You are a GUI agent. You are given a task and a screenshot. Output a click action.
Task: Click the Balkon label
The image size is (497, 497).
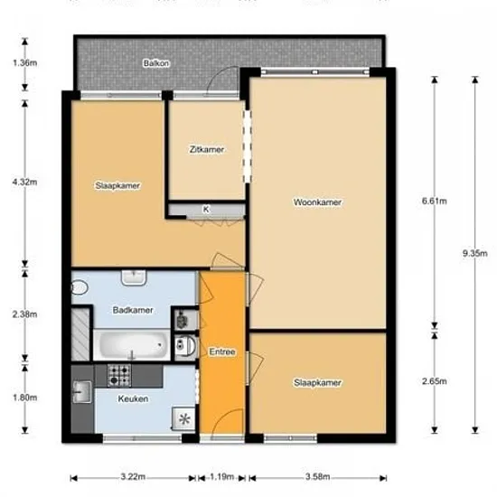[156, 63]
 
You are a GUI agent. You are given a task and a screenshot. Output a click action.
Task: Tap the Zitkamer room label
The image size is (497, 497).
[207, 149]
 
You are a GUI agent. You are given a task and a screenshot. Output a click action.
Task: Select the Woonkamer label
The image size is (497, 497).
[317, 202]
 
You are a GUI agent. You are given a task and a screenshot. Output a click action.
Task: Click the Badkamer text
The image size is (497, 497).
[133, 310]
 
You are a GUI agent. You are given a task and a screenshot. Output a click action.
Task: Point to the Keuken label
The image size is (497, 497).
[133, 399]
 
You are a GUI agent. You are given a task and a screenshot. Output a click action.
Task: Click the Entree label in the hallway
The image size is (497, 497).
[222, 352]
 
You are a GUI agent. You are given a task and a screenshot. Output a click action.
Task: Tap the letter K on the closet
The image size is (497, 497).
[206, 210]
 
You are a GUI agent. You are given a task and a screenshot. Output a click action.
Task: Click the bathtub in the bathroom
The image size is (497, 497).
[132, 345]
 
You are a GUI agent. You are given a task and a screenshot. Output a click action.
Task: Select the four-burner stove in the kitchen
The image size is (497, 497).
[119, 376]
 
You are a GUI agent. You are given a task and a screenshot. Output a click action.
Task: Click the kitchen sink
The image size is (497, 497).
[81, 392]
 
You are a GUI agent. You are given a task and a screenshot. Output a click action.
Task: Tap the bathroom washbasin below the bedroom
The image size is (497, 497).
[134, 277]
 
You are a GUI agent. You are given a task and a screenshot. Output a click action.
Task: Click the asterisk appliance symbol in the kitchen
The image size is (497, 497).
[184, 419]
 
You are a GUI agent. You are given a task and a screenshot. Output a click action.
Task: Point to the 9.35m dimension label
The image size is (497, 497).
[474, 253]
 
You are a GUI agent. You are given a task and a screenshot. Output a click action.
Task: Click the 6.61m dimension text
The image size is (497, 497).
[435, 201]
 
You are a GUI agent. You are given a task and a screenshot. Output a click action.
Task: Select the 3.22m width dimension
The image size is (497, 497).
[133, 476]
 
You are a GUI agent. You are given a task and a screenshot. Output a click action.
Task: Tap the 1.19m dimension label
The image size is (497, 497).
[222, 476]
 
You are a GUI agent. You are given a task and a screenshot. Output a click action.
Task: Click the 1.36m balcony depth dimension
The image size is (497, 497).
[24, 62]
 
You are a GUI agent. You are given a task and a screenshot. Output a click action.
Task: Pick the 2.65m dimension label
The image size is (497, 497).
[435, 381]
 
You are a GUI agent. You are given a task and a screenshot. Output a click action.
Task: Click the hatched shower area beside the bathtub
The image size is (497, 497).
[80, 334]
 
